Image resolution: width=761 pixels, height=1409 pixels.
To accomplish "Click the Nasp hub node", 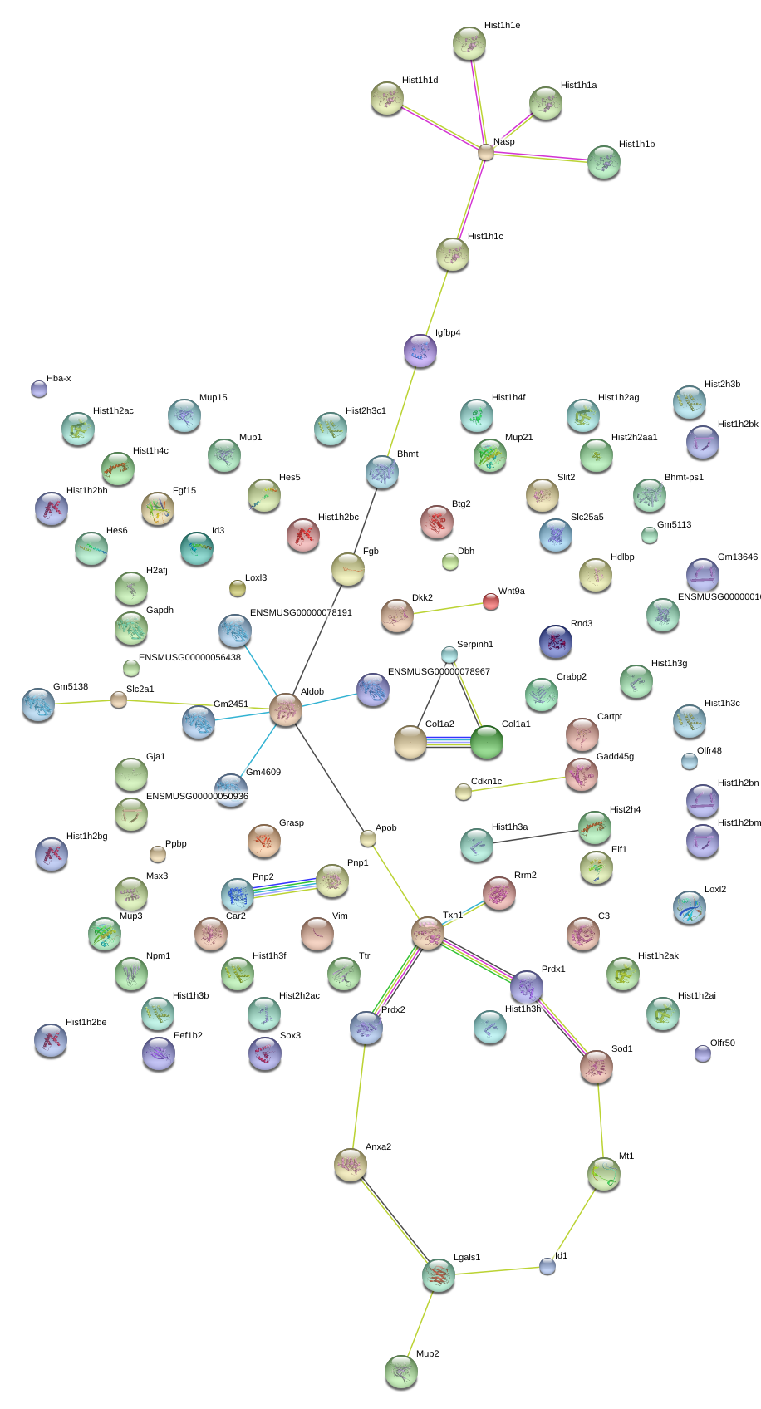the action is point(485,152).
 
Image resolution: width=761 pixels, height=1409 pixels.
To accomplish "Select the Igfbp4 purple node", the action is point(420,351).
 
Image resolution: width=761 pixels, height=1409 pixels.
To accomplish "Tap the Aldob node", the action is point(286,709).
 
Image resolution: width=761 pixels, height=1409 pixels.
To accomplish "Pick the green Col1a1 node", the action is point(487,742).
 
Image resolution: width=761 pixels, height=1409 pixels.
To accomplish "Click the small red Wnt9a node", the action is point(490,602).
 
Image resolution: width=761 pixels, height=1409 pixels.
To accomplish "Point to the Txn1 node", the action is point(428,933).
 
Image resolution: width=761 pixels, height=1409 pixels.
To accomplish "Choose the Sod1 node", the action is point(597,1067).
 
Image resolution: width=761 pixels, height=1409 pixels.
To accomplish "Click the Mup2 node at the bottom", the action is point(400,1372).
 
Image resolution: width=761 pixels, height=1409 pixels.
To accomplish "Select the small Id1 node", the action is point(547,1266).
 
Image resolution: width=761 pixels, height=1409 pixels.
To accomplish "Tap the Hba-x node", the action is point(39,389).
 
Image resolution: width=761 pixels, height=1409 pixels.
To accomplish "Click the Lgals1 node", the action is point(438,1275).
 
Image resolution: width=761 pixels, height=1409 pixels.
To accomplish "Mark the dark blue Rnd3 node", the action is point(555,641).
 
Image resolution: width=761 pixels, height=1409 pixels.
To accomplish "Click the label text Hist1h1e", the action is point(502,25).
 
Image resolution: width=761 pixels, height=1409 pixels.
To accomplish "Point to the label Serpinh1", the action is point(475,644).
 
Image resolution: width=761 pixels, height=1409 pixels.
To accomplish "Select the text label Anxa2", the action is point(378,1146).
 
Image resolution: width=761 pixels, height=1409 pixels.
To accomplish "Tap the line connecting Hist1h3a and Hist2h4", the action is point(535,837).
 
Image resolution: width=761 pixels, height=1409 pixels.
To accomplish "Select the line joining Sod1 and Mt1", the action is point(600,1120).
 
